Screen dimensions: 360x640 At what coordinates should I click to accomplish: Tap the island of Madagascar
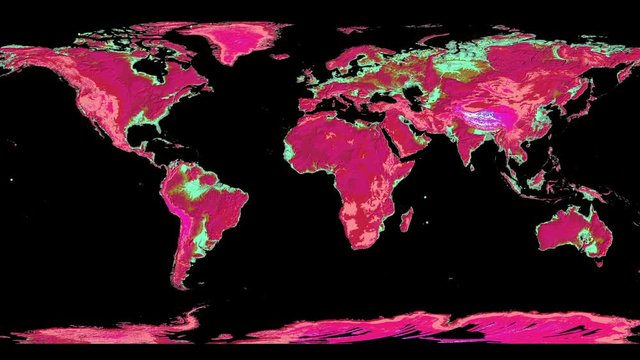tap(404, 217)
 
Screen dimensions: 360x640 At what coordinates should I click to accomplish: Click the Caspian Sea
tap(411, 99)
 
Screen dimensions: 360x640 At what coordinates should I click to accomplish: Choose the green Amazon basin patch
tap(205, 185)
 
